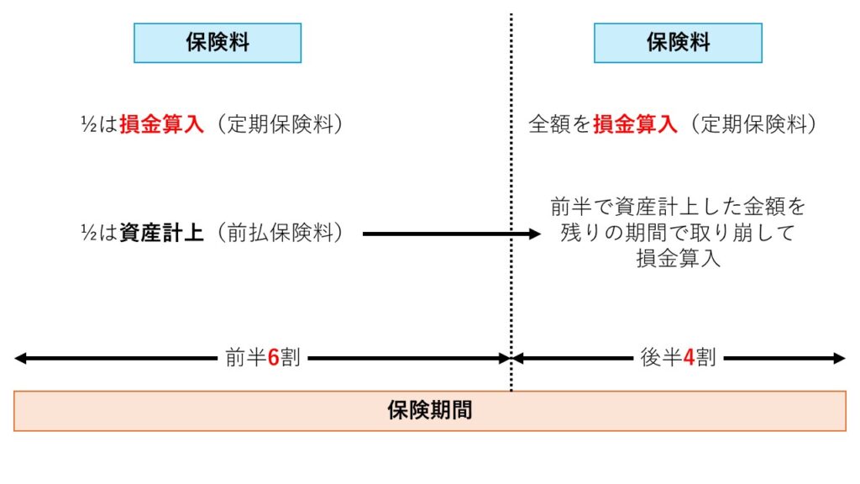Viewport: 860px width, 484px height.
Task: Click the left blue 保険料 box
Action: click(x=218, y=43)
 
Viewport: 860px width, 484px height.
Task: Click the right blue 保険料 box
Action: click(x=678, y=43)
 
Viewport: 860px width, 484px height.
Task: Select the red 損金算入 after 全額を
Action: click(x=635, y=124)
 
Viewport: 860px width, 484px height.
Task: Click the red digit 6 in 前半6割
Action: click(x=273, y=358)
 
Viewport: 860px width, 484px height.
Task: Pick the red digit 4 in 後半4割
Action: click(x=688, y=358)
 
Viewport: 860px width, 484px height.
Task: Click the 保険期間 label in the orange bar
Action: click(x=430, y=411)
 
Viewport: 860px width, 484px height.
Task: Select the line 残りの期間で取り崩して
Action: click(x=678, y=233)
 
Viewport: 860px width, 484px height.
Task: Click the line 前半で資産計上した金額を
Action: click(x=678, y=206)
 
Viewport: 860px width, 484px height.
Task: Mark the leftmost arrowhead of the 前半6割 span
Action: click(x=19, y=359)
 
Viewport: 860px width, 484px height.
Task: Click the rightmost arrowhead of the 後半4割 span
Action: click(x=841, y=359)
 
